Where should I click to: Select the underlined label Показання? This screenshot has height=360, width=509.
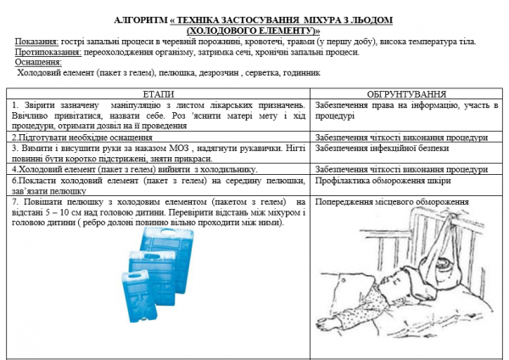(36, 41)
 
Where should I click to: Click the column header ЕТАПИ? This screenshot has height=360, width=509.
(159, 93)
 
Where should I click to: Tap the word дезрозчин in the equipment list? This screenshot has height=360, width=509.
(218, 72)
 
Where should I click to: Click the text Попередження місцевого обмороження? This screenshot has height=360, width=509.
(391, 202)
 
